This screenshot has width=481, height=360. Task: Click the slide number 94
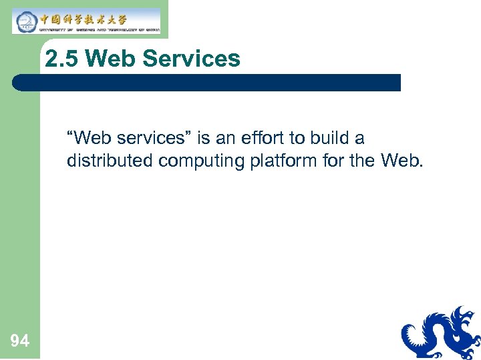[20, 341]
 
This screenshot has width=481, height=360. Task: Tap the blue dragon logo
[441, 333]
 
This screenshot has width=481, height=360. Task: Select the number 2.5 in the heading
[63, 59]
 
